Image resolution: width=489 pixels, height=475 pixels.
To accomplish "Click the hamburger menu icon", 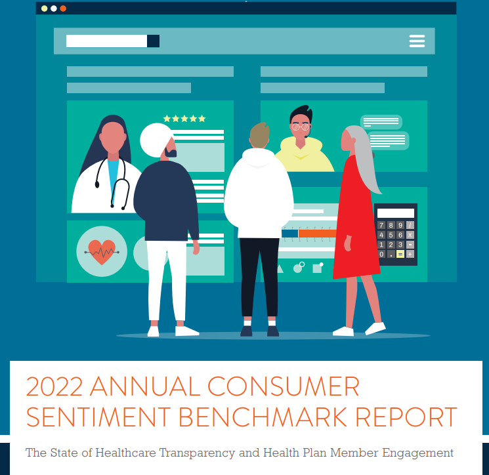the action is pyautogui.click(x=417, y=41).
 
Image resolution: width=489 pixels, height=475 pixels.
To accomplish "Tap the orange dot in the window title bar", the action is pyautogui.click(x=63, y=9).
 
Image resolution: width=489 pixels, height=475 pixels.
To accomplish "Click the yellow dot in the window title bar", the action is pyautogui.click(x=44, y=9).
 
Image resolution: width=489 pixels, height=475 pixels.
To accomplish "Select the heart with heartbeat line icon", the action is pyautogui.click(x=102, y=252).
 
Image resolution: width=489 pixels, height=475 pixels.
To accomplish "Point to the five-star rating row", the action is pyautogui.click(x=184, y=119).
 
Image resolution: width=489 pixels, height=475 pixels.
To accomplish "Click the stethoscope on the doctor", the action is pyautogui.click(x=112, y=183).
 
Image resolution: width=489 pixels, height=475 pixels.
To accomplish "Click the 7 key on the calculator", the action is pyautogui.click(x=381, y=225).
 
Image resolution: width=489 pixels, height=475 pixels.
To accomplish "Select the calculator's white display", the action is pyautogui.click(x=395, y=213).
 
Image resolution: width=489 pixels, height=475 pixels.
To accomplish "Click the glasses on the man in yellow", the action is pyautogui.click(x=301, y=127).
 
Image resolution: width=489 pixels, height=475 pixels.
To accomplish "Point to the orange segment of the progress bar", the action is pyautogui.click(x=318, y=234).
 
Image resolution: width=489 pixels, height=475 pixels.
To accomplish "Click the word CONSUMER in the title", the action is pyautogui.click(x=283, y=386).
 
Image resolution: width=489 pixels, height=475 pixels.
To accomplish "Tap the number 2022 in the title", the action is pyautogui.click(x=54, y=386).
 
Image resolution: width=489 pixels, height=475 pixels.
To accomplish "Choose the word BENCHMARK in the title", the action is pyautogui.click(x=263, y=417).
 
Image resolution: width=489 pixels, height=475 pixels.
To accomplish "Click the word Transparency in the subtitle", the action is pyautogui.click(x=197, y=453).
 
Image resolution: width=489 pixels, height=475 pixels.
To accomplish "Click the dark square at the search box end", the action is pyautogui.click(x=153, y=41).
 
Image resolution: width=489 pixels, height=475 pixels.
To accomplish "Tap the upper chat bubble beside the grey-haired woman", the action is pyautogui.click(x=381, y=122).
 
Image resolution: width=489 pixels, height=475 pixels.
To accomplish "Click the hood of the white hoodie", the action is pyautogui.click(x=258, y=158).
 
